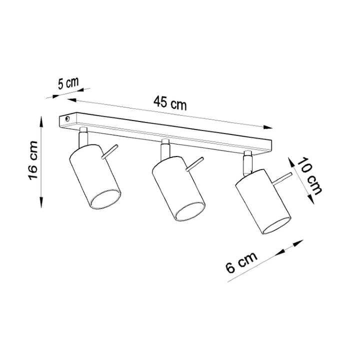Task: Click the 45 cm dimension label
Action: (x=170, y=103)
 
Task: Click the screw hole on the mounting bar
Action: (x=67, y=119)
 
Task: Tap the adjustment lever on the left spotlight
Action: (x=110, y=151)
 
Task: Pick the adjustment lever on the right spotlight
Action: (x=281, y=177)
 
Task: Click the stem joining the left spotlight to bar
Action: (x=83, y=136)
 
